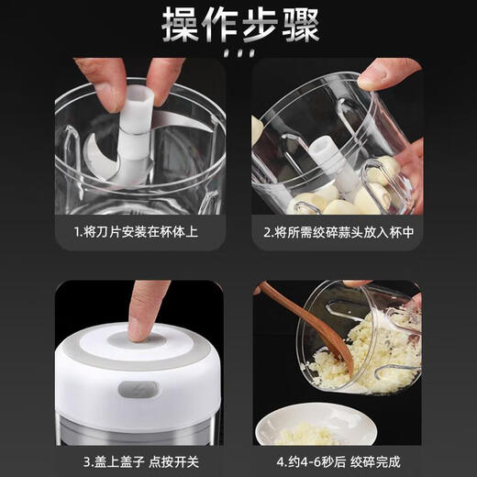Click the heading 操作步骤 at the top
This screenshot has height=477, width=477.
point(238,25)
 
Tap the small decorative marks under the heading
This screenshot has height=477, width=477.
point(238,55)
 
